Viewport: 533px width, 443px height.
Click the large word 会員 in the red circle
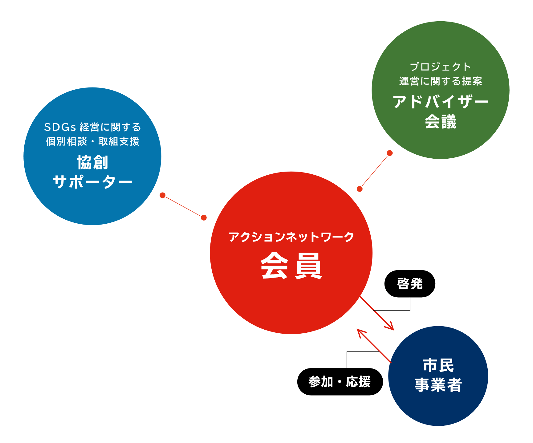(291, 266)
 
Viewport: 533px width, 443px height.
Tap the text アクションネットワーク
(291, 237)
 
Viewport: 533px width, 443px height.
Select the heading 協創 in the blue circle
(92, 163)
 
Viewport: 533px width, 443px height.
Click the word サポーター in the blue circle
(92, 182)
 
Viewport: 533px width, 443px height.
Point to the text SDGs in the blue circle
(60, 127)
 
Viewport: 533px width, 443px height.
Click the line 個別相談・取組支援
(92, 141)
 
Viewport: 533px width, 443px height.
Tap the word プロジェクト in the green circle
(441, 67)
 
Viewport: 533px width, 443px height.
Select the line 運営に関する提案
(441, 81)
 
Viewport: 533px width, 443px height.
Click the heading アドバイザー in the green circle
(441, 102)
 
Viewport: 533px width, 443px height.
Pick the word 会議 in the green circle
(441, 122)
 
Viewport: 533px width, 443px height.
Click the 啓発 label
(410, 284)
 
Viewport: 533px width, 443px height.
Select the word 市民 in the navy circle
(438, 366)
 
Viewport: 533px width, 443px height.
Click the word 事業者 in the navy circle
(438, 385)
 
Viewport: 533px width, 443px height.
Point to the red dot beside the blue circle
(163, 195)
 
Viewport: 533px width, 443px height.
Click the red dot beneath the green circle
(390, 153)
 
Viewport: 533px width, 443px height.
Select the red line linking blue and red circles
(183, 206)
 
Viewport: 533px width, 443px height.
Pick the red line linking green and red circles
(375, 171)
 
